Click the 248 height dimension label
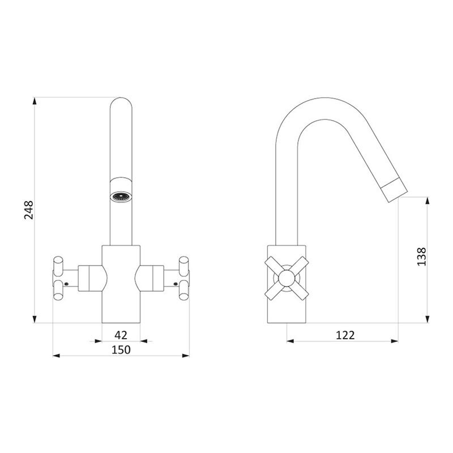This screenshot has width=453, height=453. tap(29, 210)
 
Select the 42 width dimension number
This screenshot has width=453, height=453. tap(121, 335)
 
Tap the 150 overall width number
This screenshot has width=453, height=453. tap(121, 349)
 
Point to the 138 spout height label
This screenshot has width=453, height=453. tap(421, 257)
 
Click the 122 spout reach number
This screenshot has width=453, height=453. tap(345, 335)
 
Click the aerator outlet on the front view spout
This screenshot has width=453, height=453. tap(121, 197)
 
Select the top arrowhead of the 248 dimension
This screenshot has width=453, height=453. tap(35, 101)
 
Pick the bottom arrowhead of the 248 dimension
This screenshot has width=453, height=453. tap(35, 319)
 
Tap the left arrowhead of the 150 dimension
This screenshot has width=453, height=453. tap(56, 356)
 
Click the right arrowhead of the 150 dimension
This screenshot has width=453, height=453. tap(186, 356)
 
